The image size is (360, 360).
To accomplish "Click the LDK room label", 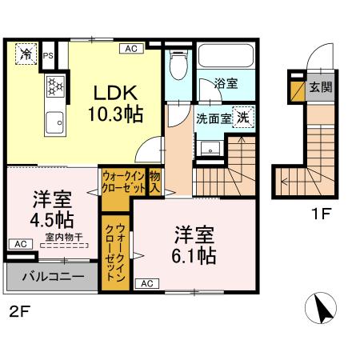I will pyautogui.click(x=115, y=92).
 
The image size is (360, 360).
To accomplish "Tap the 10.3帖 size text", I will pyautogui.click(x=115, y=114).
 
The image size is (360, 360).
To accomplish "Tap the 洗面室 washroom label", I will pyautogui.click(x=213, y=118).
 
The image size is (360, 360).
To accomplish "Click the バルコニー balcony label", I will pyautogui.click(x=52, y=278).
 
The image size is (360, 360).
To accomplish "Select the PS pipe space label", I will pyautogui.click(x=50, y=55).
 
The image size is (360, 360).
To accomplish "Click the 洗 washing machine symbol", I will pyautogui.click(x=242, y=116).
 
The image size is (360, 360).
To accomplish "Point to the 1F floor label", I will pyautogui.click(x=322, y=214).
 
